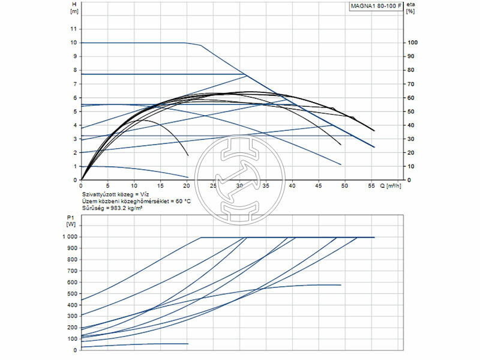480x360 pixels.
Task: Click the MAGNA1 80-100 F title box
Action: pos(376,7)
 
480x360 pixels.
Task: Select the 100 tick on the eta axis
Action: pos(412,43)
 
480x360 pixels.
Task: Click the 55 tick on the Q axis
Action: pos(371,186)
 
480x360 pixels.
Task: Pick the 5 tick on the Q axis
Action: pos(107,186)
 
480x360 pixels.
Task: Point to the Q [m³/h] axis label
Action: pos(391,186)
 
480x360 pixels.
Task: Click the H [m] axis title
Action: pos(74,8)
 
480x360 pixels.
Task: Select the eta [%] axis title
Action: pos(410,8)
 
